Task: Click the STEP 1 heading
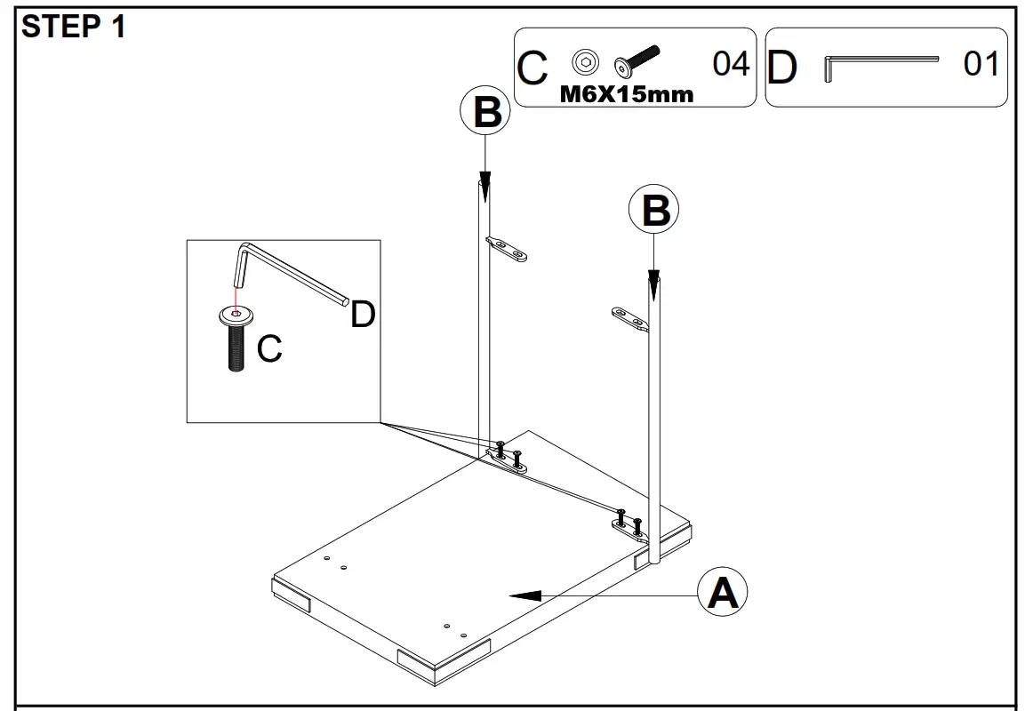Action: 74,28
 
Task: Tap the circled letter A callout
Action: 722,593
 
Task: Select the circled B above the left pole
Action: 485,113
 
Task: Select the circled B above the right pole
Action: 654,212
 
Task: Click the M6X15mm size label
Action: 626,94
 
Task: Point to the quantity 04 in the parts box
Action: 731,64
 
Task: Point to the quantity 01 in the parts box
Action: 981,64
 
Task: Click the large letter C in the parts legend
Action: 533,68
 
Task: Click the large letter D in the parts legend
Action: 781,68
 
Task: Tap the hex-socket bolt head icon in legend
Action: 584,62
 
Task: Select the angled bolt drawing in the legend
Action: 636,60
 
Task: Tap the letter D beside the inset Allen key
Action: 363,315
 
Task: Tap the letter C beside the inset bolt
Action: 269,350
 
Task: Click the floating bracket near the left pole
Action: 506,250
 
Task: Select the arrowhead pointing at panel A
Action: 526,595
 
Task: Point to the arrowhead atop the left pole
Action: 484,183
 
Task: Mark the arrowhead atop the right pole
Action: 654,283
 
